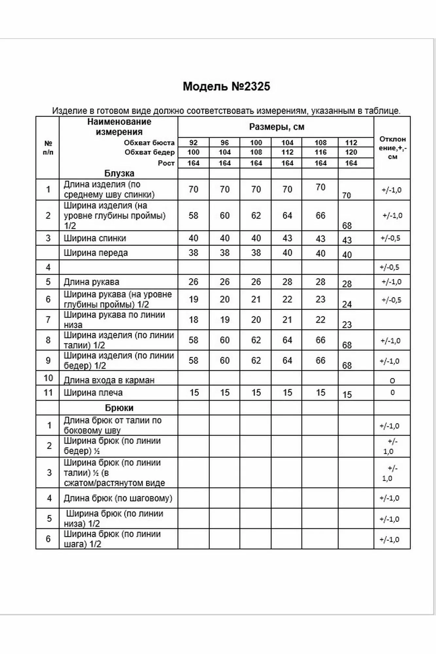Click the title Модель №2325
coord(226,86)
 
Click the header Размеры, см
coord(277,127)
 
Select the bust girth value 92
coord(193,143)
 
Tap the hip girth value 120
coord(351,152)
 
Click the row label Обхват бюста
coord(149,143)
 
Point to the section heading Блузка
coord(119,173)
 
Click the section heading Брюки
coord(119,408)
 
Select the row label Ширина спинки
coord(95,238)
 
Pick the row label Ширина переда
coord(96,253)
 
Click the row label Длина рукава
coord(91,282)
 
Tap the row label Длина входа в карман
coord(109,380)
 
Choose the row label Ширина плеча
coord(93,393)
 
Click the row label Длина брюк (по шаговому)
coord(118,498)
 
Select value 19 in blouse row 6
coord(193,299)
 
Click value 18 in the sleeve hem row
coord(193,319)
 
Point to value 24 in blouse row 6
coord(347,304)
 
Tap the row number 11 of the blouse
coord(48,393)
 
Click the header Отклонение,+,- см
coord(392,148)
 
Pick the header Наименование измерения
coord(119,127)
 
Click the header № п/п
coord(48,148)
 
